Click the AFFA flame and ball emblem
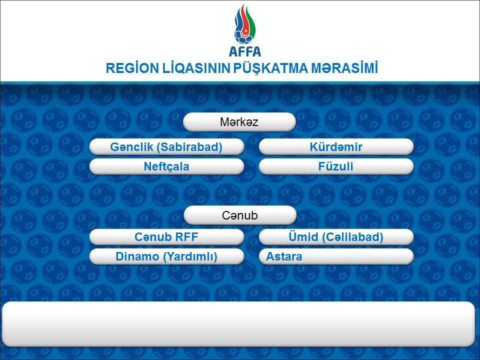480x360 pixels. [x=244, y=24]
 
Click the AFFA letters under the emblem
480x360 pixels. [x=245, y=51]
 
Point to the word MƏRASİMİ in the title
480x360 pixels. [x=344, y=68]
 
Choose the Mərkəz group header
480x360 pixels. [x=239, y=122]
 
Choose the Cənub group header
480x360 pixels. [x=240, y=215]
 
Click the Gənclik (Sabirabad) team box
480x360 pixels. [x=166, y=147]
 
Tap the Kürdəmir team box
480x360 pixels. [x=336, y=147]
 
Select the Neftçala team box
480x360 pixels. [x=166, y=166]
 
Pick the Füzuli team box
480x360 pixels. [x=336, y=166]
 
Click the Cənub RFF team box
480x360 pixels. [x=166, y=237]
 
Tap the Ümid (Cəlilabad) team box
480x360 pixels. [x=336, y=237]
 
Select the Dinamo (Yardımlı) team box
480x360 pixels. [x=166, y=256]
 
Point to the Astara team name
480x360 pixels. [x=284, y=256]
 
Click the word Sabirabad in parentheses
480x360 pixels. [x=189, y=147]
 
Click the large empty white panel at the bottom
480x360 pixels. [x=239, y=324]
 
